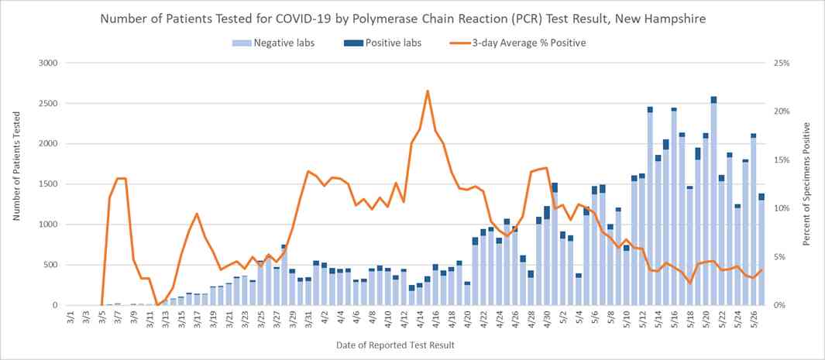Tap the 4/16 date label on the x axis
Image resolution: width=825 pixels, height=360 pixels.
435,318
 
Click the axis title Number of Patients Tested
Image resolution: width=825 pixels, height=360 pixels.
16,183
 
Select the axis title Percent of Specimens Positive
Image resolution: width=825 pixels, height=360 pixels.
808,183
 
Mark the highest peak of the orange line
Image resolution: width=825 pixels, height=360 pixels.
428,91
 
